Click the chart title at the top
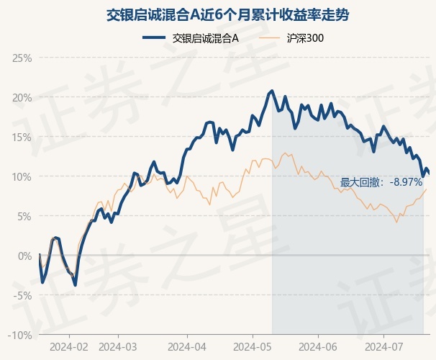click(x=218, y=14)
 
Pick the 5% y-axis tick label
click(x=24, y=216)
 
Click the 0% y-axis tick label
click(x=24, y=256)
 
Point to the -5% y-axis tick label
click(x=23, y=295)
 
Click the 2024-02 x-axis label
click(x=70, y=346)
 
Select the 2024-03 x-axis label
click(x=117, y=346)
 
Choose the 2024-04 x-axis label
click(x=186, y=346)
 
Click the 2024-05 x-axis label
click(x=253, y=346)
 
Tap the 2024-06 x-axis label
click(x=318, y=346)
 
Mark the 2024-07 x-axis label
click(x=383, y=346)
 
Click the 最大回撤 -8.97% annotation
click(x=381, y=183)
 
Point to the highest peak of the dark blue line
click(x=271, y=91)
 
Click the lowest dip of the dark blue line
click(x=75, y=285)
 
